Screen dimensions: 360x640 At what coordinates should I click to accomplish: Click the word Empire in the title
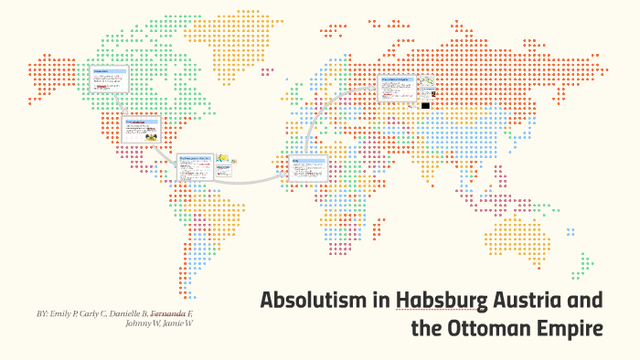pyautogui.click(x=568, y=327)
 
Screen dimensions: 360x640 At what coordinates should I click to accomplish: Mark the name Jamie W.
pyautogui.click(x=178, y=324)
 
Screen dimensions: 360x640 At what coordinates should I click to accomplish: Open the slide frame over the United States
pyautogui.click(x=140, y=130)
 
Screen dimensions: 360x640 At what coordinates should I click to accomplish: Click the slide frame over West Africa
pyautogui.click(x=307, y=169)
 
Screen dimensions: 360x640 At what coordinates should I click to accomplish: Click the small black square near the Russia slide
pyautogui.click(x=425, y=106)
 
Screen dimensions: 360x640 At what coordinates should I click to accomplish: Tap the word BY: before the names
pyautogui.click(x=43, y=313)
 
